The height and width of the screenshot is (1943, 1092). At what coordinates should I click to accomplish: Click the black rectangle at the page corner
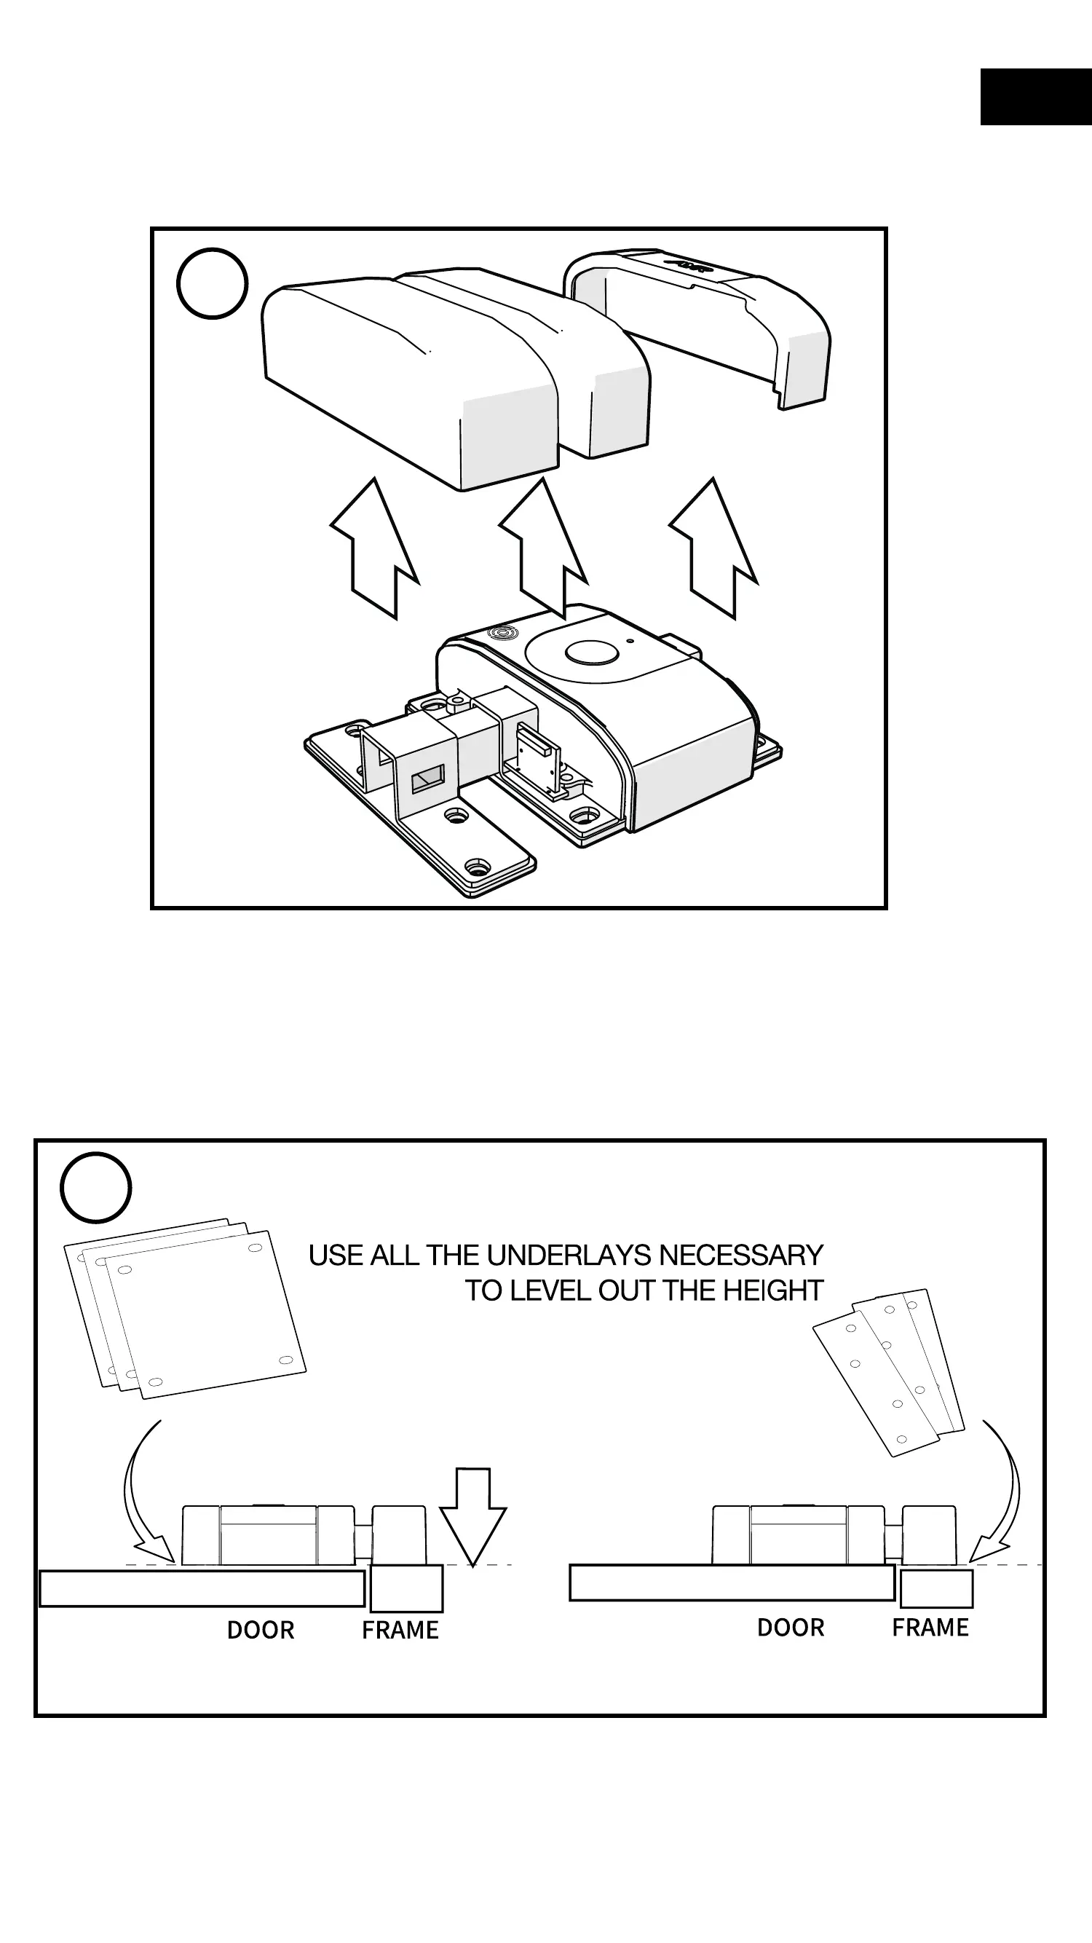[x=1035, y=97]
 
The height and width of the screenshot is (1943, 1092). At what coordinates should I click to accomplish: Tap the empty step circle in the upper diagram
[x=212, y=283]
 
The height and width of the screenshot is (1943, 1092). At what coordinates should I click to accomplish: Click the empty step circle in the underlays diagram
[x=96, y=1188]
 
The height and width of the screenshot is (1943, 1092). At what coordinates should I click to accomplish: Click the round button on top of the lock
[x=591, y=653]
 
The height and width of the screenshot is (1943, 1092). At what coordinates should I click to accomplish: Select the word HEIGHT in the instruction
[x=772, y=1291]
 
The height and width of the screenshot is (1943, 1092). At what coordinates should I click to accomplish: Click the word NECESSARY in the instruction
[x=740, y=1256]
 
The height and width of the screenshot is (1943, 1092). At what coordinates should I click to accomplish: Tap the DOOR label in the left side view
[x=261, y=1631]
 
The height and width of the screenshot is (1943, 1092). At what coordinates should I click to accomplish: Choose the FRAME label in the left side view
[x=400, y=1631]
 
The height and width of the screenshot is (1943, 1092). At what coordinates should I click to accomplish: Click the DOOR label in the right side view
[x=791, y=1628]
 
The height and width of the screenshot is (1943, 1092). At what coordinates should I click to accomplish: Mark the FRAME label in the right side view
[x=930, y=1628]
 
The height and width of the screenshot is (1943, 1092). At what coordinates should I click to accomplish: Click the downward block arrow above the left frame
[x=473, y=1512]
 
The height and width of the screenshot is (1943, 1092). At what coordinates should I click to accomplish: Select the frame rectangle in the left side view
[x=406, y=1588]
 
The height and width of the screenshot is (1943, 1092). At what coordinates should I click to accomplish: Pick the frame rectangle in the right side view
[x=936, y=1588]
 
